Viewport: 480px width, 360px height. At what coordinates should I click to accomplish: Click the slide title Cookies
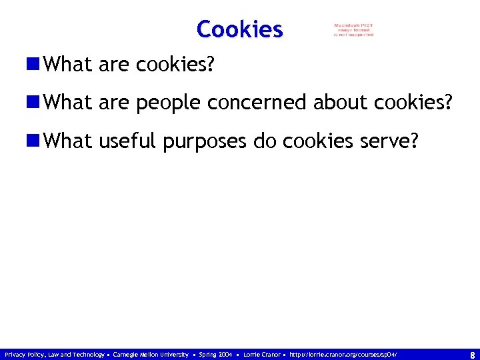(x=240, y=29)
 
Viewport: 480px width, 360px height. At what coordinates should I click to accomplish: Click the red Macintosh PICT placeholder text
(x=354, y=30)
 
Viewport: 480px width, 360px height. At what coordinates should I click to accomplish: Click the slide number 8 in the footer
(x=472, y=355)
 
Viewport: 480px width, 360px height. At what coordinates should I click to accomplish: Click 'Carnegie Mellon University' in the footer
(x=151, y=355)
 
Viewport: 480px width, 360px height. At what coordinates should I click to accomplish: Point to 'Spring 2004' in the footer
(x=215, y=355)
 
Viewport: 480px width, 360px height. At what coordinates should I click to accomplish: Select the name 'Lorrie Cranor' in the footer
(x=263, y=355)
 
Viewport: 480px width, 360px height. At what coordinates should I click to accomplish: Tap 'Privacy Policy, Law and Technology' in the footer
(x=54, y=355)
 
